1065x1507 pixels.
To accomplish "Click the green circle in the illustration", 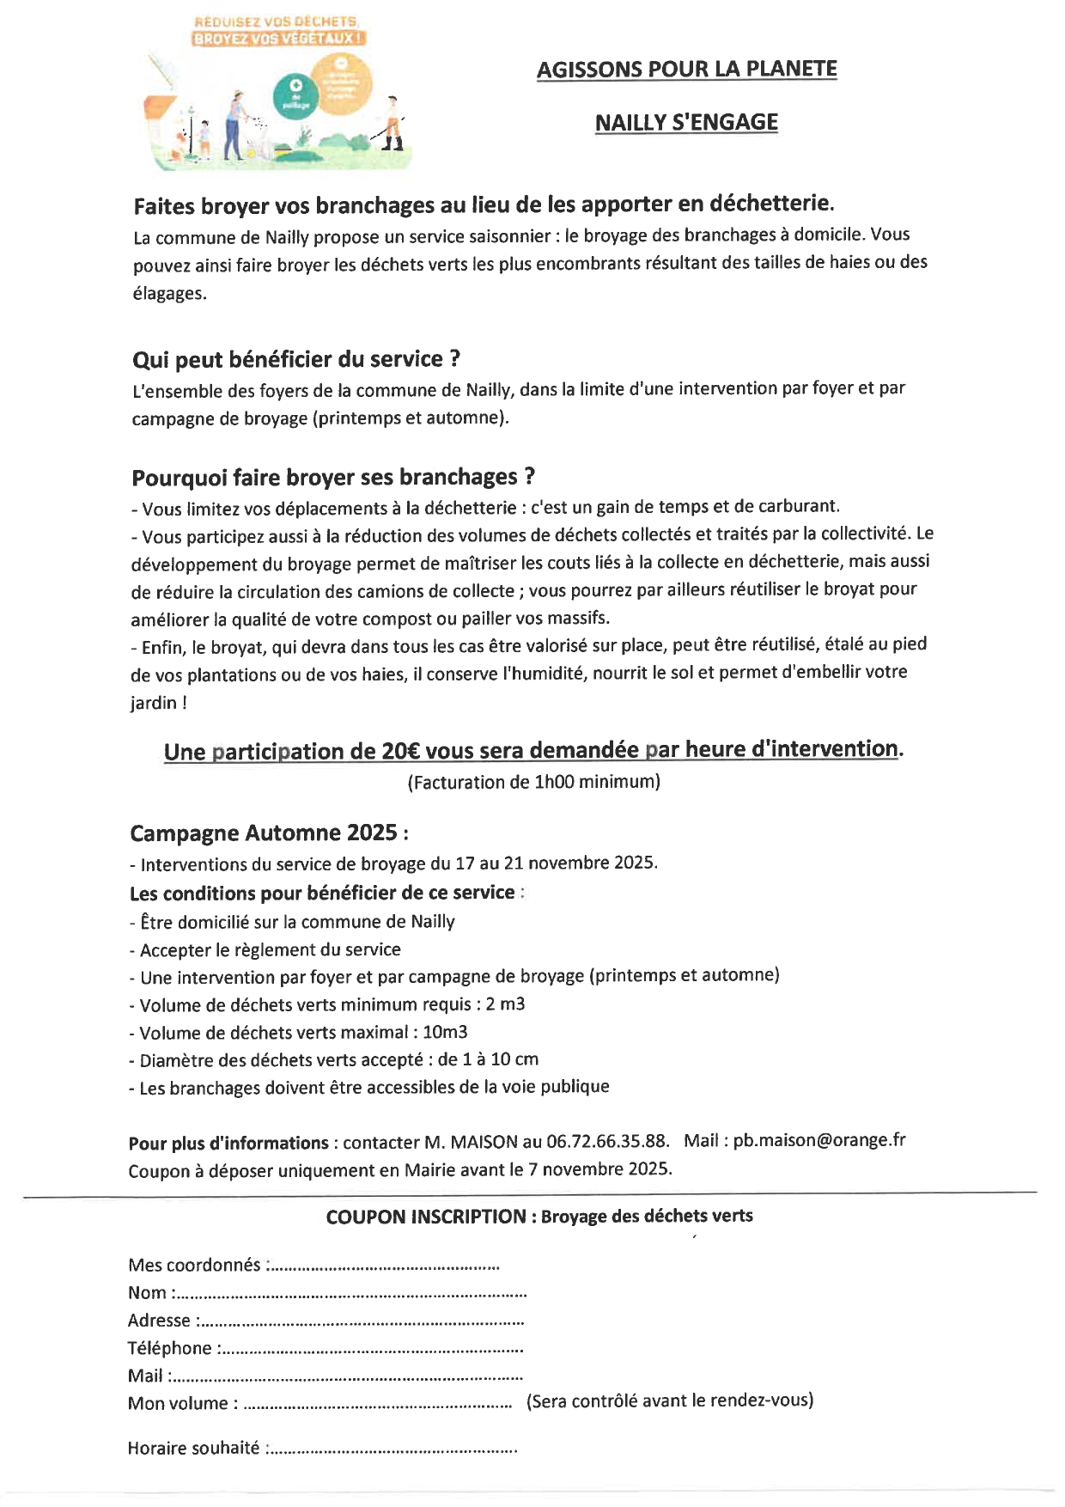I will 295,95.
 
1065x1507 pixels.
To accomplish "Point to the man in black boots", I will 393,125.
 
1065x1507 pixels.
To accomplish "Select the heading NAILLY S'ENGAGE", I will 686,122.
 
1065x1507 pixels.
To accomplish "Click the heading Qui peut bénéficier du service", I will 296,359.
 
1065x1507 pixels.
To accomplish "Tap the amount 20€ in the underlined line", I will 400,751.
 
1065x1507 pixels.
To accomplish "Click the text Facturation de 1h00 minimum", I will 533,782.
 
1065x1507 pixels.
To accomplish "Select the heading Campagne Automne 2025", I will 269,833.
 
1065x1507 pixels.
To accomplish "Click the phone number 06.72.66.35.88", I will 607,1141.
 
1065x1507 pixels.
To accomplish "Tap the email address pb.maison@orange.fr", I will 819,1140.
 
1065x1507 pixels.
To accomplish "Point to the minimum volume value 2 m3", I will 505,1004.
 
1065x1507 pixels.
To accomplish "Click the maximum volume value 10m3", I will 445,1032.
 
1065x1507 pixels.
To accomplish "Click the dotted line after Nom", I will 352,1294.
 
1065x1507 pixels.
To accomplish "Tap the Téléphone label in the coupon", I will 169,1348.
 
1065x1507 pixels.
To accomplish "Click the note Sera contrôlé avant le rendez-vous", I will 670,1400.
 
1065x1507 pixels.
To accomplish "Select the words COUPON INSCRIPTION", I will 426,1217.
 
